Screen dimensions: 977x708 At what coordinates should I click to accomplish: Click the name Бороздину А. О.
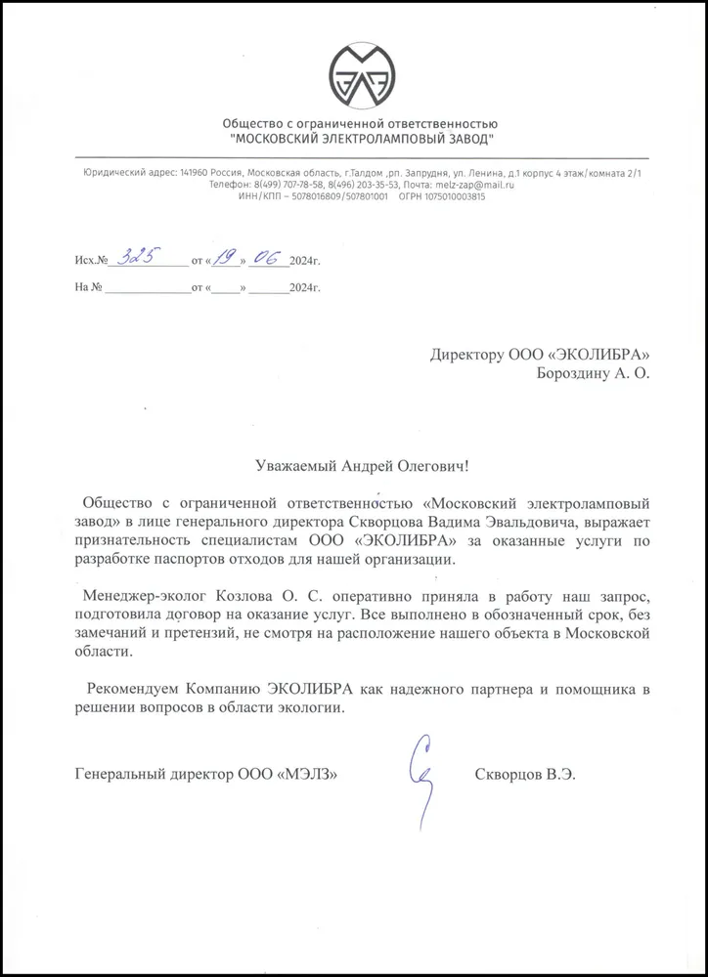591,371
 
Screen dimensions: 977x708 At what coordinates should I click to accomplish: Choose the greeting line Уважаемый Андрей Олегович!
362,469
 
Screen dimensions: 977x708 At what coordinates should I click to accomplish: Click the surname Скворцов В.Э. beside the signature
525,774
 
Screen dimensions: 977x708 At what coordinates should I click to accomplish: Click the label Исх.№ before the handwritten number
91,262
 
